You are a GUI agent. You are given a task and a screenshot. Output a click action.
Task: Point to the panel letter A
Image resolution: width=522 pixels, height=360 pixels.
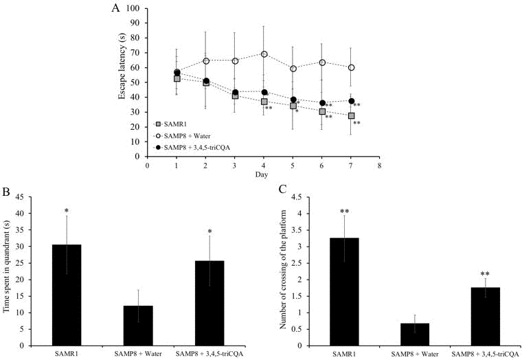(115, 8)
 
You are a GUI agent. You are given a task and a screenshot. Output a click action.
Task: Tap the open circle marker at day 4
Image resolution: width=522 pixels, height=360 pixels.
(264, 54)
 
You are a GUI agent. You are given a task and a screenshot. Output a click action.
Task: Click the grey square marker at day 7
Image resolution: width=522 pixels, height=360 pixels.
(351, 115)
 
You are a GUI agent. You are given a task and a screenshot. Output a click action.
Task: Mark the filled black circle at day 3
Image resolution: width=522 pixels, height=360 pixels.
(235, 92)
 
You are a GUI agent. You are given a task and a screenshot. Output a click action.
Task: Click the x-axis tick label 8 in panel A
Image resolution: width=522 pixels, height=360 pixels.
(379, 166)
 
